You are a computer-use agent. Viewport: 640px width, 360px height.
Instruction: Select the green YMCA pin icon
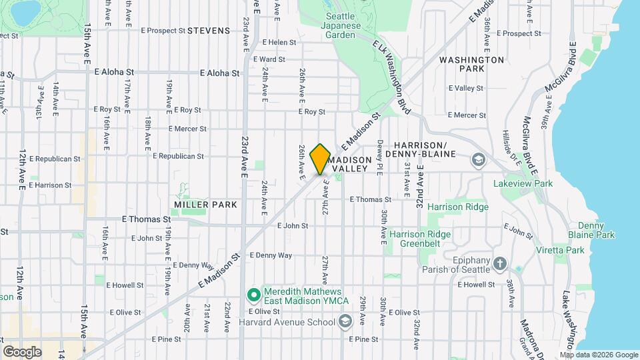click(x=253, y=294)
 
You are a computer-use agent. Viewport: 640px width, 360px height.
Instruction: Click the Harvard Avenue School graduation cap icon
click(x=345, y=322)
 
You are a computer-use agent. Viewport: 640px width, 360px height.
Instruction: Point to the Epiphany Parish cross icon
click(x=501, y=263)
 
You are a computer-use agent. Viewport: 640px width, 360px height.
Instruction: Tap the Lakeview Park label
click(x=523, y=183)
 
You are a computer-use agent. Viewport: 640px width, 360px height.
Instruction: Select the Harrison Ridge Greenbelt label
click(x=420, y=239)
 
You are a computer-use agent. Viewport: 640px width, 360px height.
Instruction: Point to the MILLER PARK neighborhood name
click(x=205, y=204)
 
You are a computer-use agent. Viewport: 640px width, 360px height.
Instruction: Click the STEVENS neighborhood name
click(x=209, y=31)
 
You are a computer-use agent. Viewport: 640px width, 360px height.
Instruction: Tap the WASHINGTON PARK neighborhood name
click(x=471, y=64)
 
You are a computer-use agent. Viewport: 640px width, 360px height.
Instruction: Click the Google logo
click(x=21, y=352)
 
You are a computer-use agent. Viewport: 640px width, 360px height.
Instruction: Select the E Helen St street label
click(x=279, y=43)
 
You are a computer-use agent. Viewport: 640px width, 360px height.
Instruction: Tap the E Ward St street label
click(x=269, y=59)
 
